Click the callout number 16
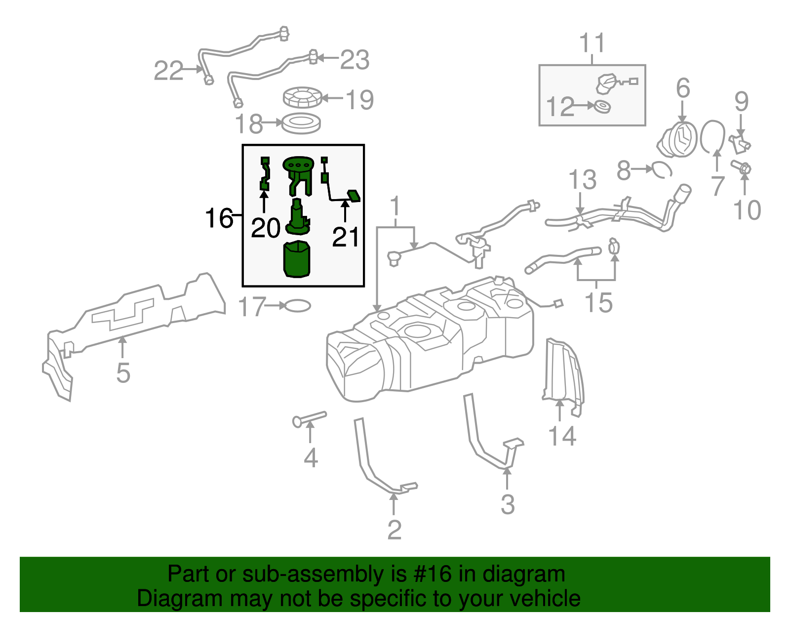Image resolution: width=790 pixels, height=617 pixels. click(219, 218)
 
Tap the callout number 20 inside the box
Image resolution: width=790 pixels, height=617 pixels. click(266, 228)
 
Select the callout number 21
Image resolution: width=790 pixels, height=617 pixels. click(346, 237)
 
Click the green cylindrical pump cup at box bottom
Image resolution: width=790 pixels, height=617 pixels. click(297, 259)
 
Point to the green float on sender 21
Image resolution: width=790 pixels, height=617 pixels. click(354, 196)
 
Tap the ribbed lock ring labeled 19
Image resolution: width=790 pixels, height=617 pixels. click(302, 97)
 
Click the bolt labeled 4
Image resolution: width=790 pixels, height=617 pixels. click(309, 418)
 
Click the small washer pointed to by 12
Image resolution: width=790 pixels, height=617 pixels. click(602, 106)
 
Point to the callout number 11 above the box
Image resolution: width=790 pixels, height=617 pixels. click(592, 43)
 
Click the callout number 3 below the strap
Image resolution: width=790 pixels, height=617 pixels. click(508, 504)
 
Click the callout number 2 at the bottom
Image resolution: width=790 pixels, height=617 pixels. click(394, 530)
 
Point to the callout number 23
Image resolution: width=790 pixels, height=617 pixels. click(355, 60)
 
